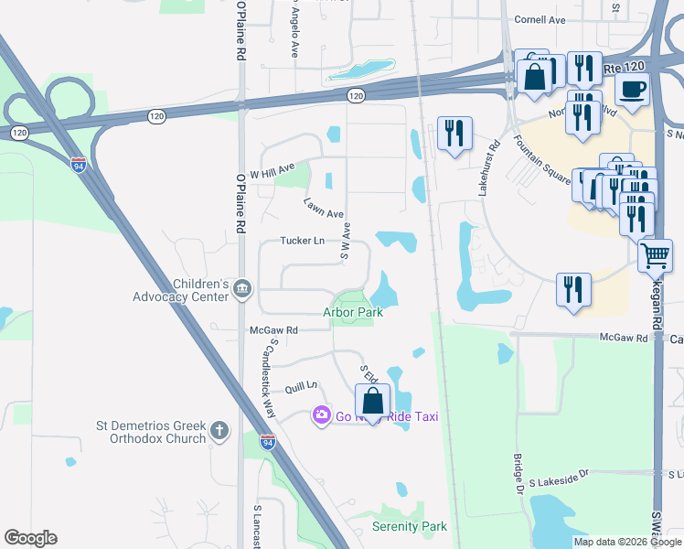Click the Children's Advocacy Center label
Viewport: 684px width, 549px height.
(x=180, y=290)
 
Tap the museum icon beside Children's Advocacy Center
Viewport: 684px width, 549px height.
(x=242, y=290)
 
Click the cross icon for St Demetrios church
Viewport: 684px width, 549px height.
(x=219, y=430)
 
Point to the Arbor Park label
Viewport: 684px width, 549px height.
(x=352, y=312)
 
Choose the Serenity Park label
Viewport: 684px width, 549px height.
(x=410, y=526)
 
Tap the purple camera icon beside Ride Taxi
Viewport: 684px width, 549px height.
(x=321, y=416)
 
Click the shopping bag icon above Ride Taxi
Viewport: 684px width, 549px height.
(x=372, y=401)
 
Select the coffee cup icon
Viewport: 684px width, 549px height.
(x=634, y=89)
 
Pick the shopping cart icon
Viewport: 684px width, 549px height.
(x=655, y=256)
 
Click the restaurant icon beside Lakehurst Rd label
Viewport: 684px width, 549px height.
(x=454, y=134)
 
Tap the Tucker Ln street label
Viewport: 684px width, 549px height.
(x=303, y=242)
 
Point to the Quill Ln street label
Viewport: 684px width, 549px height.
(x=300, y=387)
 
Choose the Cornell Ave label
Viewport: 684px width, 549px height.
(x=540, y=19)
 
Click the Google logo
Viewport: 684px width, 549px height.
(x=30, y=538)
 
